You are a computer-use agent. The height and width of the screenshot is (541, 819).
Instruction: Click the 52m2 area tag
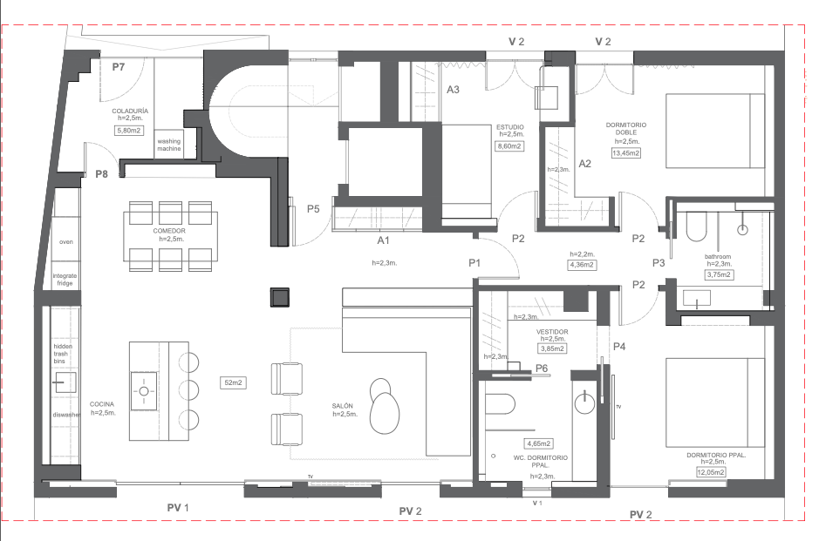(x=233, y=382)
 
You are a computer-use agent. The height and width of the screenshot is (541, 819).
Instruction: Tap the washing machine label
(x=168, y=145)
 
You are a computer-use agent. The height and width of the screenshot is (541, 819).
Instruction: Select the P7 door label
(x=119, y=67)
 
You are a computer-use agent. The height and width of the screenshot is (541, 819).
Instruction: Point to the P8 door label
(x=101, y=174)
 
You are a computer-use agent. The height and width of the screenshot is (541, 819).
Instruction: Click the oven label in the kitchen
(x=65, y=242)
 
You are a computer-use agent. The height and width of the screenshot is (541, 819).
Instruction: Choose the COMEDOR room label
(x=169, y=231)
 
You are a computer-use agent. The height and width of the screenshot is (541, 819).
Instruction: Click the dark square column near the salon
(x=279, y=297)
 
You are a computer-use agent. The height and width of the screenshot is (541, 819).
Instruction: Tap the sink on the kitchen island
(x=143, y=391)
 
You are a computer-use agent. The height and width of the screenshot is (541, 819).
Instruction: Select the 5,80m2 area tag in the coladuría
(x=129, y=131)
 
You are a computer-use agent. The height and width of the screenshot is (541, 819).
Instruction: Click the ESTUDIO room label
(x=509, y=127)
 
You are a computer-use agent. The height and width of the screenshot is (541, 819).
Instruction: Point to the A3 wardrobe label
(x=453, y=90)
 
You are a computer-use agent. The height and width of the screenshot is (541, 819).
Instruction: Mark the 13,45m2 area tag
(x=625, y=153)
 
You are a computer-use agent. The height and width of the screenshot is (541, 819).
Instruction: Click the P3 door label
(x=659, y=263)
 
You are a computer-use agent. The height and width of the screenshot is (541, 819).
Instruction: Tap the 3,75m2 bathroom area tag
(x=719, y=274)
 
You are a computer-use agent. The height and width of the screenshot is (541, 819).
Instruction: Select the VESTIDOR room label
(x=552, y=332)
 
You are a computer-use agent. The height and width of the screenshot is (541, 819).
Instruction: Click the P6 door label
(x=542, y=369)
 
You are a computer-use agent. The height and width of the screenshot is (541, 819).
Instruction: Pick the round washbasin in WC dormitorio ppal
(x=585, y=402)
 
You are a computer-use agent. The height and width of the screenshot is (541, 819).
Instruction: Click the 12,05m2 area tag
(x=711, y=473)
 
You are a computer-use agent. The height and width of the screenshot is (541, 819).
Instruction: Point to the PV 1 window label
(x=178, y=508)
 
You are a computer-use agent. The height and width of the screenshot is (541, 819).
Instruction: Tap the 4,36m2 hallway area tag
(x=582, y=265)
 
